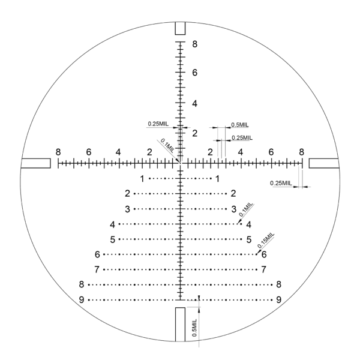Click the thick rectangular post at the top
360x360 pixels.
click(180, 28)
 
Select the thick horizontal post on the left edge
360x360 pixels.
click(35, 163)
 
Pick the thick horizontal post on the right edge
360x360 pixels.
click(324, 163)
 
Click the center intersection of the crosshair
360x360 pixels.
click(180, 163)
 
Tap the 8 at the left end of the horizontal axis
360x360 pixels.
click(58, 151)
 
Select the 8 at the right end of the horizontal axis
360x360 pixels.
click(301, 151)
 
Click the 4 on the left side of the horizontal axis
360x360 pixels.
click(119, 151)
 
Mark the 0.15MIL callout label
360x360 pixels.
click(266, 240)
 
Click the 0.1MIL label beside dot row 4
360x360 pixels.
click(247, 209)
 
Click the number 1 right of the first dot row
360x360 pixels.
click(218, 179)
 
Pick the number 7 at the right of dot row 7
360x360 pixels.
click(264, 269)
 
